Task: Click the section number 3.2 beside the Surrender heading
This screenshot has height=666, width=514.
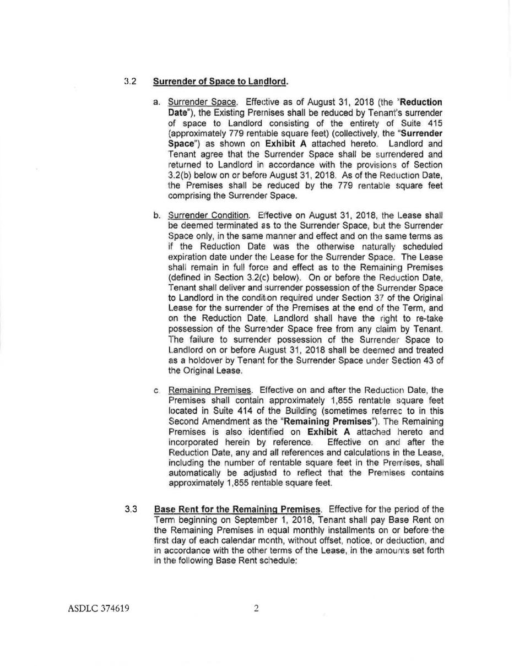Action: pos(130,82)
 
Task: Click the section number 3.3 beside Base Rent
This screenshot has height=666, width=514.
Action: pos(131,508)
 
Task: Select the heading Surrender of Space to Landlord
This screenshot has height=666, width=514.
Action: pos(220,82)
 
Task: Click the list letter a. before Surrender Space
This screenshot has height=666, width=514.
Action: pos(157,102)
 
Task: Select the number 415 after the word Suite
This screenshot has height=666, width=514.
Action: pos(434,123)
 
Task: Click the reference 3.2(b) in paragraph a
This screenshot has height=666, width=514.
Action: pos(181,175)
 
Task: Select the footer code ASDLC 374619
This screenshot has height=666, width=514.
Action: pos(99,609)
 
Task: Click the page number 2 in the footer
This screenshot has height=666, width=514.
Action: pos(256,609)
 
